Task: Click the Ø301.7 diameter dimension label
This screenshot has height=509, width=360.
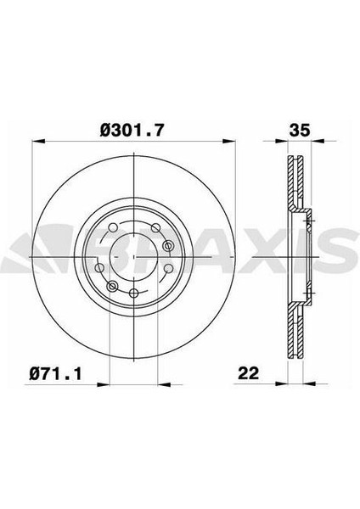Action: click(x=132, y=130)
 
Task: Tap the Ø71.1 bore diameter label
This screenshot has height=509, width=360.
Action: click(x=55, y=373)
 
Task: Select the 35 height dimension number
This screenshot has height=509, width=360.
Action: click(x=300, y=130)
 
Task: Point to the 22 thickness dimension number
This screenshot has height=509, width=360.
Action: click(x=249, y=373)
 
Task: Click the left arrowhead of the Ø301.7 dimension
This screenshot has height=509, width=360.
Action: click(x=37, y=141)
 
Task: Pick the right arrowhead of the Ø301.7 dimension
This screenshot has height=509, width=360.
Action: click(x=228, y=141)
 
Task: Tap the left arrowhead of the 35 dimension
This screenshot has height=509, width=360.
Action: click(x=282, y=141)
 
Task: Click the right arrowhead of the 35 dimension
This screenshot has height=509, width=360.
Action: click(x=318, y=141)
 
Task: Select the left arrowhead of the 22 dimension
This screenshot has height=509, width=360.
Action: click(x=282, y=384)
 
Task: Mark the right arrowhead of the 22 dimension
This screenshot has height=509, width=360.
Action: click(x=309, y=384)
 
